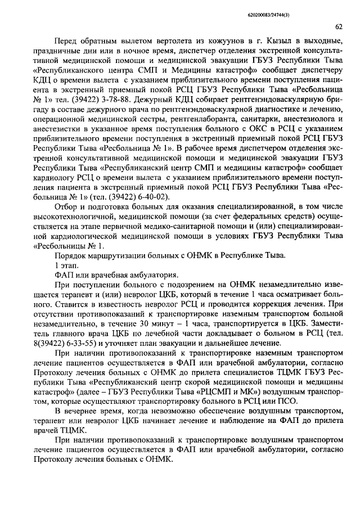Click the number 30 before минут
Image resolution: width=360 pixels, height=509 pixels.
pyautogui.click(x=139, y=322)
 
